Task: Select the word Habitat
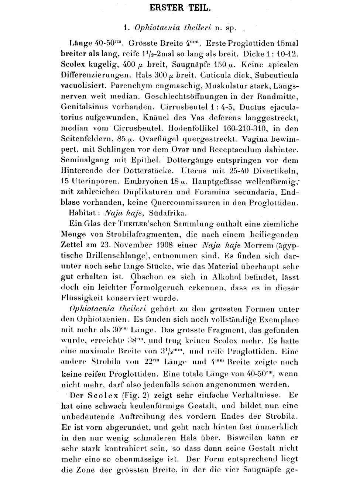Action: pyautogui.click(x=83, y=213)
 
